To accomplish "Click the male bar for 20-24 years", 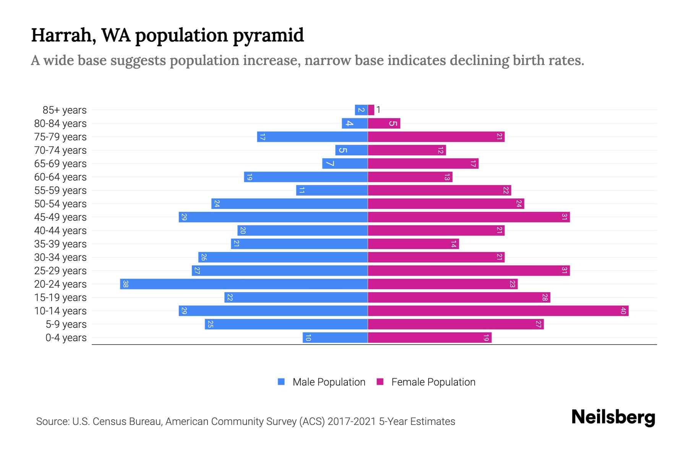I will point(244,284).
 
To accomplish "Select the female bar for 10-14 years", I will point(498,311).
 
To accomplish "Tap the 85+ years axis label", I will point(64,110).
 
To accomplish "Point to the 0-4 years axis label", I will point(66,338).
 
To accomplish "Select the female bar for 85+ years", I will point(371,110).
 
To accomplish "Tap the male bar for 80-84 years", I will point(355,123).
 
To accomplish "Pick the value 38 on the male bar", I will point(125,284).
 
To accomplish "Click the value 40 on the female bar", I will point(623,311).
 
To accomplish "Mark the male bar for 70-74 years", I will point(351,150).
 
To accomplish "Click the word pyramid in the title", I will point(268,35).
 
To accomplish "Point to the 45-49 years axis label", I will point(60,217).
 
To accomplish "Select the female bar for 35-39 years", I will point(413,244).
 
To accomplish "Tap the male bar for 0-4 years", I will point(335,337).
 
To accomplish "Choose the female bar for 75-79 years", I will point(436,137).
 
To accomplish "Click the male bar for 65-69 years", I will point(345,163).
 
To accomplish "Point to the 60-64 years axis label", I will point(60,177).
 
